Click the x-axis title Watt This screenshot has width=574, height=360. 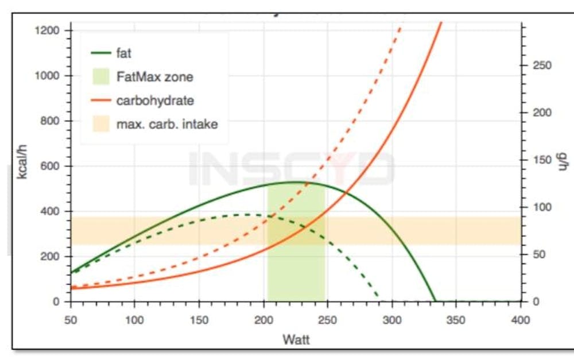tap(296, 339)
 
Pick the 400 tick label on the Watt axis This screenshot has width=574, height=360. tap(521, 319)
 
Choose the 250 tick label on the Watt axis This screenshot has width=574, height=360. tap(328, 319)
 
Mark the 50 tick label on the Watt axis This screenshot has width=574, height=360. tap(71, 319)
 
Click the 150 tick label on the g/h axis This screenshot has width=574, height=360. tap(542, 160)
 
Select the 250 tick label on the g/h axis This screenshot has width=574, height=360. tap(542, 65)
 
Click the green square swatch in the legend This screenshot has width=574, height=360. tap(100, 76)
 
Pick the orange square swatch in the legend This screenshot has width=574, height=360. tap(100, 123)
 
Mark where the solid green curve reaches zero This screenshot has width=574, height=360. tap(435, 301)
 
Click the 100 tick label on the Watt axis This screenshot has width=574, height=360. tap(135, 319)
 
